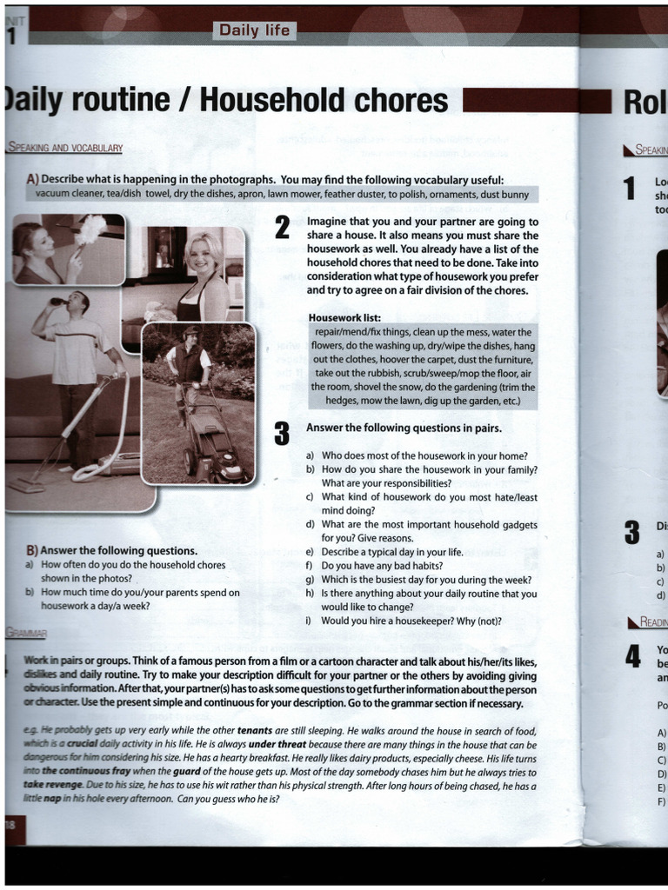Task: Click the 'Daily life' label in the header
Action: point(254,31)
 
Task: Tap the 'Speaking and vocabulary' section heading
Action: point(65,149)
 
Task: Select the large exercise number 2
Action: point(282,229)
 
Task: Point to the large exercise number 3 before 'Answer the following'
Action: point(282,432)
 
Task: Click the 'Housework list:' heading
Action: point(344,318)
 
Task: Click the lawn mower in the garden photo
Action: point(213,448)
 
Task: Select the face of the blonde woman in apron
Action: point(201,254)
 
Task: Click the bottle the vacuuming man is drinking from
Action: point(57,302)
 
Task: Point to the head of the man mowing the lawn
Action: point(190,335)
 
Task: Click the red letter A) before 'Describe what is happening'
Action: point(32,179)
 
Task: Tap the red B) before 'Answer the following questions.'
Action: point(32,551)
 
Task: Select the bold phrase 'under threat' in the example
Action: point(277,745)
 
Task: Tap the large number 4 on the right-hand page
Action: point(633,656)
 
